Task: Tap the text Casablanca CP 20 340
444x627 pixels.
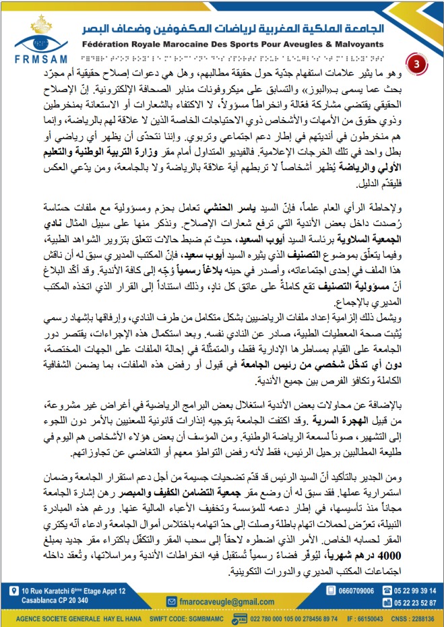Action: tap(53, 600)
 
